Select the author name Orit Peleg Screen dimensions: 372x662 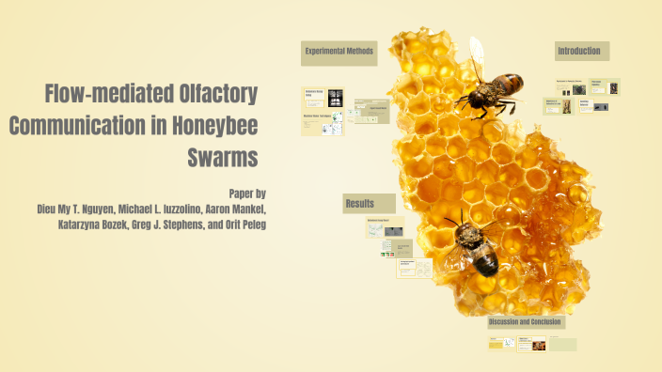tap(241, 225)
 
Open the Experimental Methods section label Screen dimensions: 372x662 tap(339, 52)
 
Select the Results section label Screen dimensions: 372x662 tap(360, 204)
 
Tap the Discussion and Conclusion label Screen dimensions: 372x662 tap(525, 322)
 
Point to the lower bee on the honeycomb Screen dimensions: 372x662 tap(474, 245)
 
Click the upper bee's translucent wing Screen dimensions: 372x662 tap(477, 52)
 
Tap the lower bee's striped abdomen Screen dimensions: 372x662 tap(485, 261)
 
